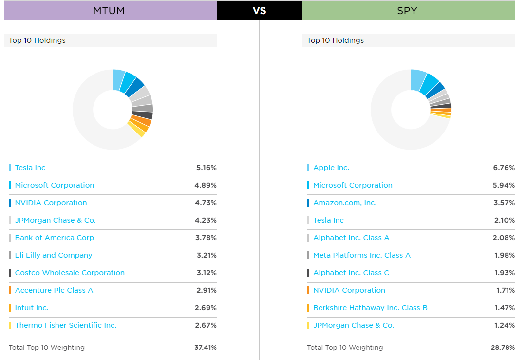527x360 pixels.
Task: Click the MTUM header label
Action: tap(109, 11)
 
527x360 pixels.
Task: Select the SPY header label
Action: tap(407, 11)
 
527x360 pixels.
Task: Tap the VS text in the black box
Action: tap(260, 11)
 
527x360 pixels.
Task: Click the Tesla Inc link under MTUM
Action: tap(30, 168)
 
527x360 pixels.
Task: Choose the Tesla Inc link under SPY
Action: tap(328, 220)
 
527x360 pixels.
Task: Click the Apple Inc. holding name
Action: tap(331, 168)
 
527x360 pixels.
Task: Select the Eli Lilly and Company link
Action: tap(54, 255)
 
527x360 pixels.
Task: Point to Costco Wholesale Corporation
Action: tap(70, 273)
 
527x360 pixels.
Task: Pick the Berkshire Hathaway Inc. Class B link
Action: tap(370, 308)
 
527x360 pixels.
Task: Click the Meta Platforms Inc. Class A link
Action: tap(362, 255)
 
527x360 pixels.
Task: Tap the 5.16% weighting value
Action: tap(206, 168)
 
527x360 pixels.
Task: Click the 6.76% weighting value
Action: tap(504, 168)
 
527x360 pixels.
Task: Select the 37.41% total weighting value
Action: tap(205, 348)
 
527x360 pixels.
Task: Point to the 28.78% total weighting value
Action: tap(503, 348)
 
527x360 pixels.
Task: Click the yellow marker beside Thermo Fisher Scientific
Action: tap(10, 325)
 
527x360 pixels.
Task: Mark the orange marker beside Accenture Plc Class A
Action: tap(10, 290)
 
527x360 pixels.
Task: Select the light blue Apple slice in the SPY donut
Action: tap(418, 80)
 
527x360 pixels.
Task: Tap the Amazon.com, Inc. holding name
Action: tap(345, 203)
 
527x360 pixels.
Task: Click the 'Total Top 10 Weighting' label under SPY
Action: tap(345, 348)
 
